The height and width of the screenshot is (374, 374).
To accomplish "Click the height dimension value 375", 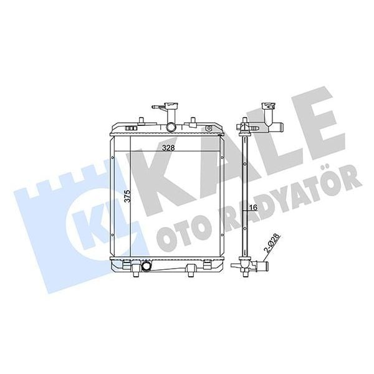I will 127,197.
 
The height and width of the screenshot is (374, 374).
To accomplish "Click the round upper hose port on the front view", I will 171,127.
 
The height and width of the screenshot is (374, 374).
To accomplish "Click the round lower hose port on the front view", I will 147,267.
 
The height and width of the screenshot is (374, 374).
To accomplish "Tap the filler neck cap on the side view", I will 269,106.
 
